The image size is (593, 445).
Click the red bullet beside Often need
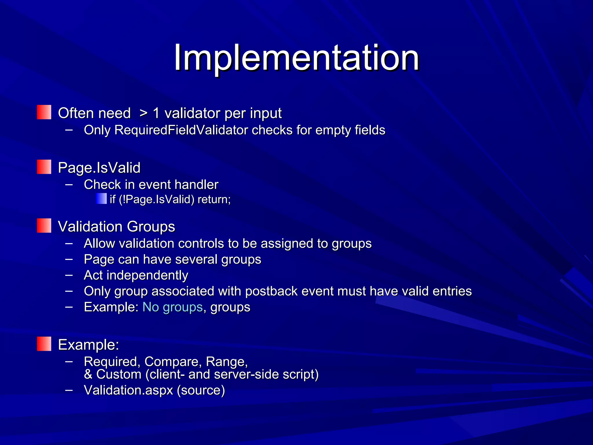click(44, 112)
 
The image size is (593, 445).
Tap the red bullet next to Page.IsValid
click(44, 167)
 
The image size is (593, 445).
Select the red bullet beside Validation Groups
click(44, 226)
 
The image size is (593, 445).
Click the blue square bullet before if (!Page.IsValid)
click(101, 199)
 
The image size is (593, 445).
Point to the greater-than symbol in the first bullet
click(143, 113)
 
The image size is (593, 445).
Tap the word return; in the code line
click(214, 199)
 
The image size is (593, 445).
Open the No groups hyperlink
click(173, 307)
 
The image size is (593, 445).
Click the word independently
click(147, 275)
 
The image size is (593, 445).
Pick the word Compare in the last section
click(173, 362)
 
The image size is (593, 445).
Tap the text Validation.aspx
click(128, 390)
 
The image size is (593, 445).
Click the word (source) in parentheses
click(201, 390)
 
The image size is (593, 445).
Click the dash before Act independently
click(69, 275)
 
